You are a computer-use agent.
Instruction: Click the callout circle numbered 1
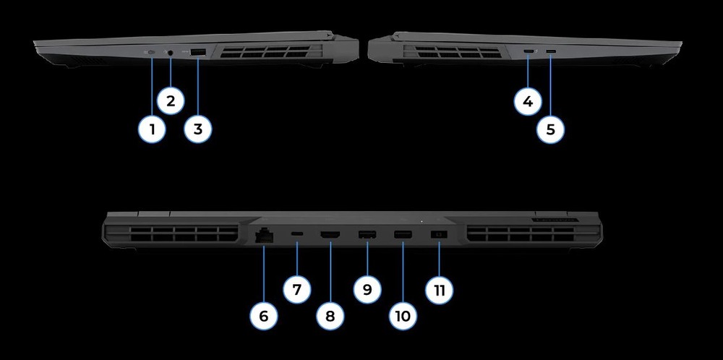coord(153,130)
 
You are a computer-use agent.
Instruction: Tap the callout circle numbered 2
coord(171,100)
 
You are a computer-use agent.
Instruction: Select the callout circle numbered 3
coord(198,130)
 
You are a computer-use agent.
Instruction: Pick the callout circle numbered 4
coord(529,101)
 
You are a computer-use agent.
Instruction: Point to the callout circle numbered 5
coord(551,130)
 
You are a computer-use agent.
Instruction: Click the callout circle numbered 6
coord(263,317)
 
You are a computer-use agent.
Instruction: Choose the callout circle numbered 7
coord(297,290)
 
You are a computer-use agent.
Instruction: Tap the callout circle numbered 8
coord(330,317)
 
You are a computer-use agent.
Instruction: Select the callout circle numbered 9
coord(367,290)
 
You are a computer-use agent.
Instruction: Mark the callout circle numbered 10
coord(403,317)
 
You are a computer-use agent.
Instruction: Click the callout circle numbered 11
coord(439,290)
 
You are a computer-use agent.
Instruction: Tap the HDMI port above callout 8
coord(330,235)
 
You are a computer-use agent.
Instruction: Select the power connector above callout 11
coord(439,235)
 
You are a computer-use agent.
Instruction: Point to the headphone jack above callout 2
coord(171,52)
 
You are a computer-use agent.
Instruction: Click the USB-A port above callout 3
coord(198,52)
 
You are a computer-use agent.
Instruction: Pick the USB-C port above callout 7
coord(297,235)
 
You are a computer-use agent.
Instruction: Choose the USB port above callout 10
coord(403,235)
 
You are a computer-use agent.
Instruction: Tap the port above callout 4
coord(529,52)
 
